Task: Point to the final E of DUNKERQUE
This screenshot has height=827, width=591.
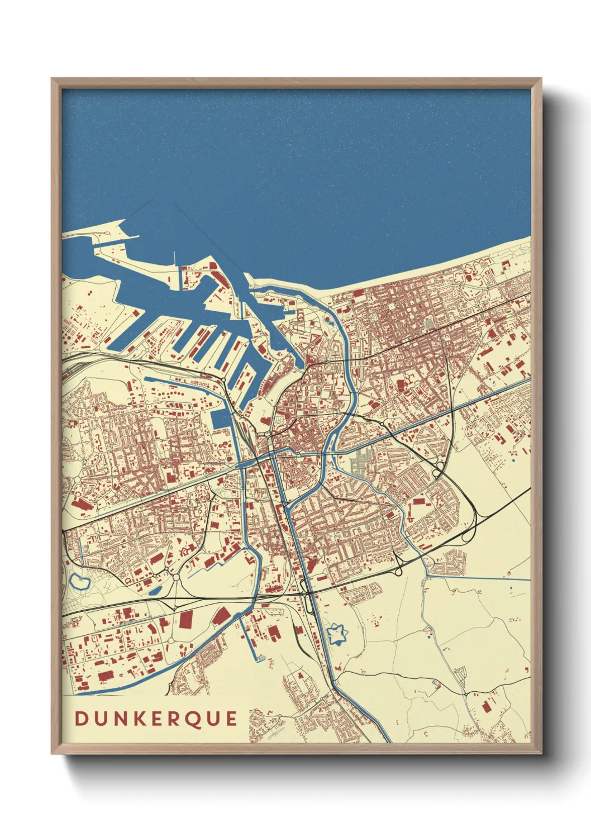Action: coord(232,719)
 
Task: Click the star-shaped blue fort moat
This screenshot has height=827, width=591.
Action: coord(337,634)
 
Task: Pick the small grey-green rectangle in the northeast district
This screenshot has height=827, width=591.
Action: coord(429,324)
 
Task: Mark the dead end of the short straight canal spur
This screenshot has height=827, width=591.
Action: coord(259,659)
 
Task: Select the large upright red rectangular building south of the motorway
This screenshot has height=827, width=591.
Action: coord(186,618)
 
